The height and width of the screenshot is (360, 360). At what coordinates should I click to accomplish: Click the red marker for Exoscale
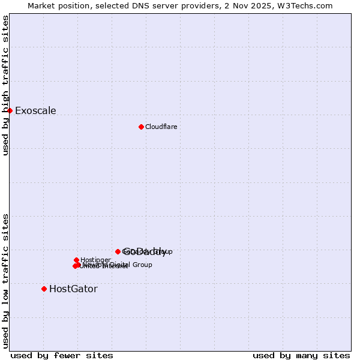point(10,110)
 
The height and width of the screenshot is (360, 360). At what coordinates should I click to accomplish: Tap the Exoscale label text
point(35,110)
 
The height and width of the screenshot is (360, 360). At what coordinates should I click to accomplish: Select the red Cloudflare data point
point(141,127)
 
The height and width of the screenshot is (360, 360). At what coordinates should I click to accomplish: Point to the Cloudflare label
point(161,127)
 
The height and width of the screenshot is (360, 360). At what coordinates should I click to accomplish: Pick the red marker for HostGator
point(44,289)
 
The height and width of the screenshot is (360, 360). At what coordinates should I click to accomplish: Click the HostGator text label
point(73,289)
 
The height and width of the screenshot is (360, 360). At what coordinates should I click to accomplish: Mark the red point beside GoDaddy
point(118,251)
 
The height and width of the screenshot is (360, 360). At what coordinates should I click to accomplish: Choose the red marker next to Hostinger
point(76,260)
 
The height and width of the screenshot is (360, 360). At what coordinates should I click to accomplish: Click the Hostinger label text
point(95,260)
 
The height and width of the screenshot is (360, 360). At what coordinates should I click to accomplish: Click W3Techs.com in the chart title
point(308,5)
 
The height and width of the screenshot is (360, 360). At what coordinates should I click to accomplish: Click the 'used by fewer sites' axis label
point(62,355)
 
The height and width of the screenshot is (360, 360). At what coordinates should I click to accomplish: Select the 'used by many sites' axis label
point(301,355)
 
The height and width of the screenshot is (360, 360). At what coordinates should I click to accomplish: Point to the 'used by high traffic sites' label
point(5,85)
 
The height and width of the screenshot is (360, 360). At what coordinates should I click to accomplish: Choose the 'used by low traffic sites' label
point(5,280)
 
